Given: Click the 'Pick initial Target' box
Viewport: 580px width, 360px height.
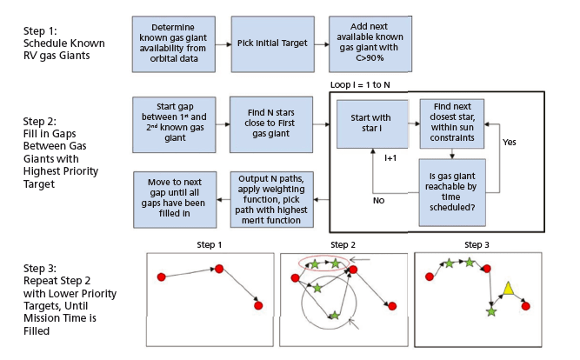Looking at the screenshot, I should pyautogui.click(x=270, y=43).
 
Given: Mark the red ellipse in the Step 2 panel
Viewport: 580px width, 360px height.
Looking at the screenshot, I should pyautogui.click(x=323, y=262).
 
